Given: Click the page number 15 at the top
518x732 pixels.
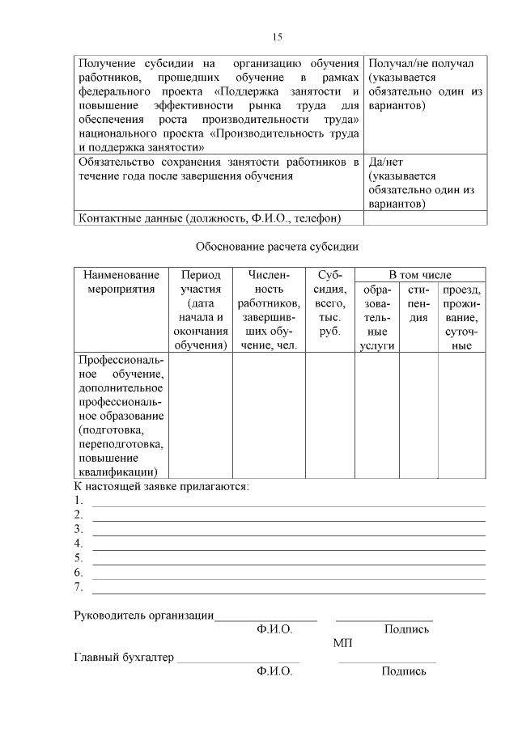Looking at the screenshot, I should click(x=277, y=36).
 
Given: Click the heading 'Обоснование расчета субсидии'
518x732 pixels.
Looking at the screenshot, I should click(x=277, y=247).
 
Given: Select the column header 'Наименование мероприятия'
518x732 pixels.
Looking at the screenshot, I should click(x=121, y=282).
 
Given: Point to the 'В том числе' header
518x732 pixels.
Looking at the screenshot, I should click(x=420, y=275).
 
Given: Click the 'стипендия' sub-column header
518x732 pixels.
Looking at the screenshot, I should click(x=418, y=303).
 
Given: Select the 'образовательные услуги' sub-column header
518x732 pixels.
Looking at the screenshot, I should click(x=376, y=318).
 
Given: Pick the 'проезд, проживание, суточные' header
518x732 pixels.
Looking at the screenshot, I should click(x=461, y=318).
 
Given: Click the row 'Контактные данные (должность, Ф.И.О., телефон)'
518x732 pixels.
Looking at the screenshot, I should click(x=209, y=218).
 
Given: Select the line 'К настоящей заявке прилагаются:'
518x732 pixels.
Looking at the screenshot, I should click(x=162, y=486).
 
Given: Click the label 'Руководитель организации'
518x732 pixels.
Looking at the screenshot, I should click(x=143, y=616).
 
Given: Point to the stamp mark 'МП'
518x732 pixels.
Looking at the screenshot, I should click(x=342, y=643).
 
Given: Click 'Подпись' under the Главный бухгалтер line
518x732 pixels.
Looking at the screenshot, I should click(x=404, y=671).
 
